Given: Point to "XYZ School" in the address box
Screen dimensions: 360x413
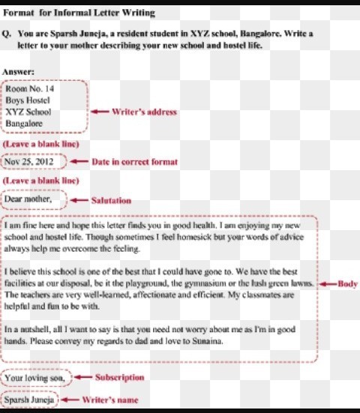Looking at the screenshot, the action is click(x=28, y=112).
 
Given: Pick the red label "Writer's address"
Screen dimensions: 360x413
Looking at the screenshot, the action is click(x=143, y=112).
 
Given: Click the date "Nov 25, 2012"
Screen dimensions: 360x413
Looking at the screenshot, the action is click(x=33, y=161).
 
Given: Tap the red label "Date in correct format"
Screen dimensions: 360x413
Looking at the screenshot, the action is click(x=134, y=162).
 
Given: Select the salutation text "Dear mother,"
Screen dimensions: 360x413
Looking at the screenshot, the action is click(x=28, y=199).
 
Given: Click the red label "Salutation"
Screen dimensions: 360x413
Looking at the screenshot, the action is click(x=110, y=200).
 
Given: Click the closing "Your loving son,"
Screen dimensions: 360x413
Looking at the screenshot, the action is click(x=34, y=378).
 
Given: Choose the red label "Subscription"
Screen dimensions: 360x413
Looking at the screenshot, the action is click(x=119, y=377).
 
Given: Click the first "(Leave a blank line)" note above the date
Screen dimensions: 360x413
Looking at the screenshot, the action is click(x=40, y=142).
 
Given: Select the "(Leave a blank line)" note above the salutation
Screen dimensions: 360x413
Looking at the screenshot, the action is click(x=40, y=181).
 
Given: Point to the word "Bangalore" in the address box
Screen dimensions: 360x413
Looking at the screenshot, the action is click(x=24, y=123).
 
